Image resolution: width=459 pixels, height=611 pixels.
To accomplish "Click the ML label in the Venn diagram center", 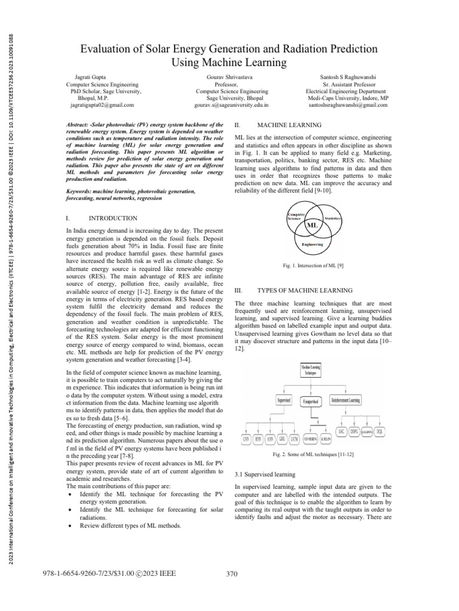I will [312, 226].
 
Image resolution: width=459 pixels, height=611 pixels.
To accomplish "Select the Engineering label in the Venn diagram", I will [312, 244].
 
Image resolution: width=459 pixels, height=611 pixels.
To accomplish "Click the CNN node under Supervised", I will [246, 440].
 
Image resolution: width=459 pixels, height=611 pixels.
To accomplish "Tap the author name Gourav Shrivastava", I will [232, 78].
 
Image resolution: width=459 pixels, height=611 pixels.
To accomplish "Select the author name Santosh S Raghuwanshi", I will [347, 78].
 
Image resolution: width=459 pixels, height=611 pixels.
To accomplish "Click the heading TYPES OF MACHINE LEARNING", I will [304, 290].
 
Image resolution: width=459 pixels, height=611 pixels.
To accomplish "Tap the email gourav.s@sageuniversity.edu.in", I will [232, 104].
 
